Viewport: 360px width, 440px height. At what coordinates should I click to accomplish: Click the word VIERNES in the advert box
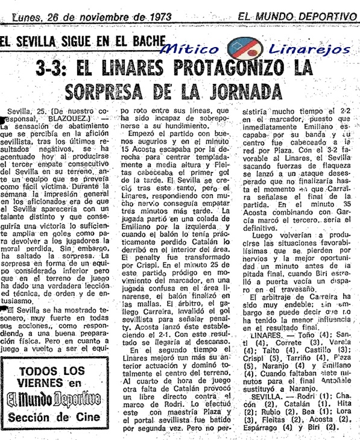42,383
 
